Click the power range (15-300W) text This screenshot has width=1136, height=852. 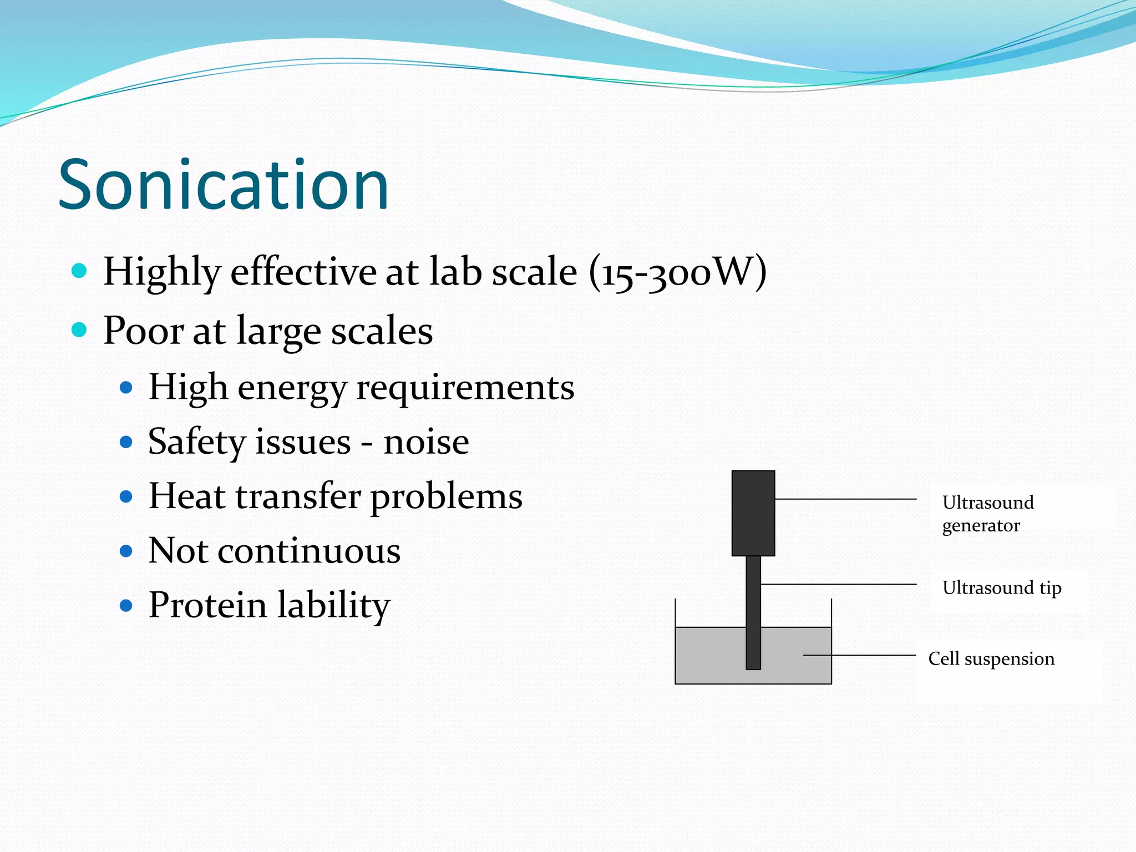click(678, 272)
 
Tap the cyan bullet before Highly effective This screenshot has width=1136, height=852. click(80, 271)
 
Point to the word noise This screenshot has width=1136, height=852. click(426, 442)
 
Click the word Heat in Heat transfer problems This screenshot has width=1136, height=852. click(186, 495)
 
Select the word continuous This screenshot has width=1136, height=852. click(309, 551)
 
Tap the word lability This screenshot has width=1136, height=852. click(334, 605)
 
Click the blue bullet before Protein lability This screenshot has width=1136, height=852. click(126, 605)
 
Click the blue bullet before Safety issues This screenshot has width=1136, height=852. click(126, 442)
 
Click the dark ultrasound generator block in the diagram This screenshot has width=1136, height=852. click(753, 513)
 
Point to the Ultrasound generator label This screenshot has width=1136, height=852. click(987, 514)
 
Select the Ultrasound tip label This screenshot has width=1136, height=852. click(1001, 587)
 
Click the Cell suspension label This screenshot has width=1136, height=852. click(991, 658)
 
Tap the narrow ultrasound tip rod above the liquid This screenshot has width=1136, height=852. click(753, 591)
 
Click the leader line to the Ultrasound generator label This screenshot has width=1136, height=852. click(845, 499)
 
